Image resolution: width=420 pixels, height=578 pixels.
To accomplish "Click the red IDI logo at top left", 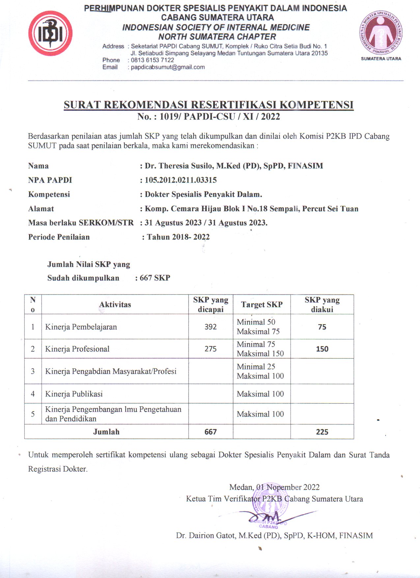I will (50, 33).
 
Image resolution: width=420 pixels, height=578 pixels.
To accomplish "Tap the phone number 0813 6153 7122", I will (152, 60).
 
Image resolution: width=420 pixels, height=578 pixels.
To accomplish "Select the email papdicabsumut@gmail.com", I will (168, 67).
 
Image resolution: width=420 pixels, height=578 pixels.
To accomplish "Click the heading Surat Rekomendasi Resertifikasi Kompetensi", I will (209, 105).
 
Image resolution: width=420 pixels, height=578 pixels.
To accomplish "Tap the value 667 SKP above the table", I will (154, 278).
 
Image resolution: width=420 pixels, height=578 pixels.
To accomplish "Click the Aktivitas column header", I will (115, 304).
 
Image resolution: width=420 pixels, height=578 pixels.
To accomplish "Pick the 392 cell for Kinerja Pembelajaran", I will (210, 327).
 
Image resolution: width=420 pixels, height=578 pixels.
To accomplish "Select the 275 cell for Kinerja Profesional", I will (210, 349).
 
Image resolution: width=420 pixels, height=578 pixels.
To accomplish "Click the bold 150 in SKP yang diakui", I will (322, 349).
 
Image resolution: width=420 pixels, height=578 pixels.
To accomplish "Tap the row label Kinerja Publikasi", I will (74, 394).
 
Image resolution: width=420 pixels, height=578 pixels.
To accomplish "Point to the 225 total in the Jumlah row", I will (322, 432).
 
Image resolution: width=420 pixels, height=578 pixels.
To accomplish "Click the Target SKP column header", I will (262, 304).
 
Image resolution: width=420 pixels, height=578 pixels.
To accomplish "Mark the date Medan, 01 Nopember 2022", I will (274, 487).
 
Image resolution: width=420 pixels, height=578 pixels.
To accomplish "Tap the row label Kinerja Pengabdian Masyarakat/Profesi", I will (111, 371).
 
